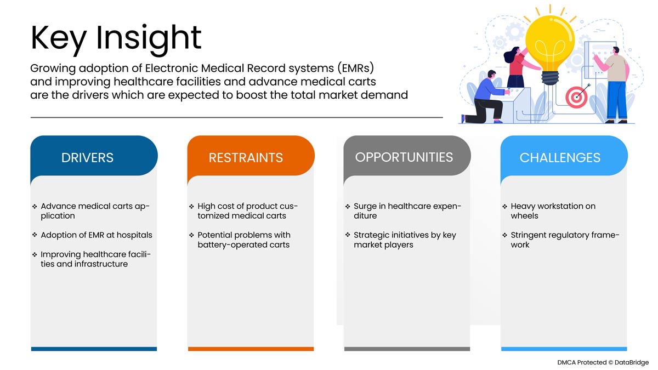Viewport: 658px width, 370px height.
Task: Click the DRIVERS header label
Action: coord(88,158)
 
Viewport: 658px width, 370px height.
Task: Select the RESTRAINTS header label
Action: coord(246,158)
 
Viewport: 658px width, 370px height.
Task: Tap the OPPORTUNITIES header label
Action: coord(404,157)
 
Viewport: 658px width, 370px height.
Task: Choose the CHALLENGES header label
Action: coord(560,158)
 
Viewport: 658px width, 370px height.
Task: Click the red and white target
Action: coord(576,97)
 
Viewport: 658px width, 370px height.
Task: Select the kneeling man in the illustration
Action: coord(486,98)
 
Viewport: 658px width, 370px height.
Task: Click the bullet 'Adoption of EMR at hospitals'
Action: coord(97,235)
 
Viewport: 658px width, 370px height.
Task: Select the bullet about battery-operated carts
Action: coord(243,240)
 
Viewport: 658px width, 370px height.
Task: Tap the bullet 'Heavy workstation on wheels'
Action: coord(552,211)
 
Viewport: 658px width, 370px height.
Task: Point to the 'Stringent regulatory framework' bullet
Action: coord(564,240)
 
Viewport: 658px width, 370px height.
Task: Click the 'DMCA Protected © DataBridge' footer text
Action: coord(603,362)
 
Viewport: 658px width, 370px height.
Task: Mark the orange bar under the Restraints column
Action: coord(251,349)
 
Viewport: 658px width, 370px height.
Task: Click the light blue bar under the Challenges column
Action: coord(564,349)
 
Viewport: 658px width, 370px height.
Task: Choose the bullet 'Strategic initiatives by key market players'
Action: coord(404,240)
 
